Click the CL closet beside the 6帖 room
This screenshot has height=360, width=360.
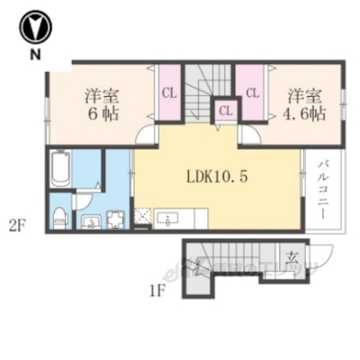pos(169,94)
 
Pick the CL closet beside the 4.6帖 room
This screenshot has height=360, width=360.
pos(252,94)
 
